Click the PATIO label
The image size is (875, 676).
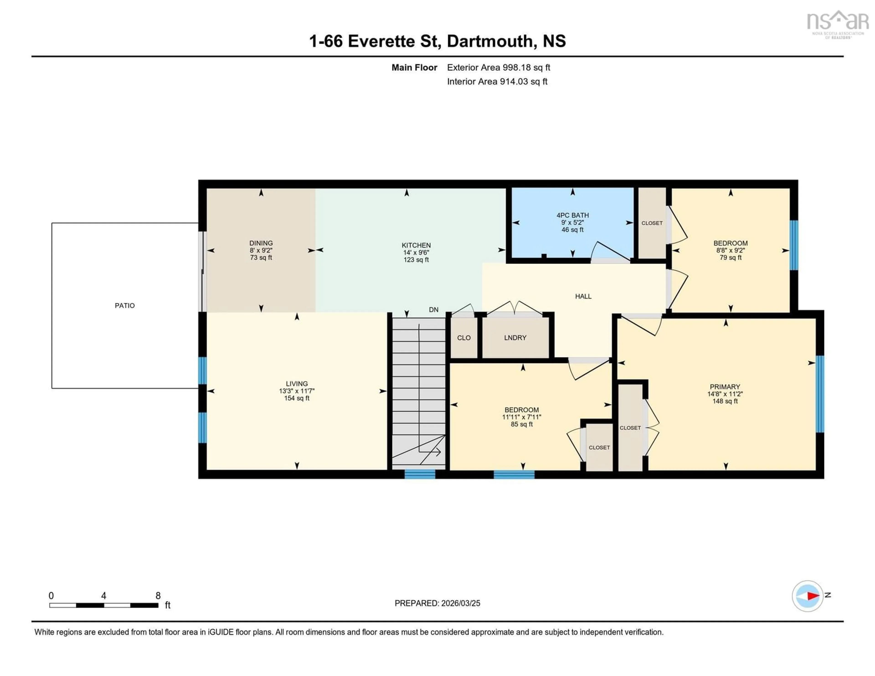[125, 305]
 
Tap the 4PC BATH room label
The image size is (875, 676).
[572, 215]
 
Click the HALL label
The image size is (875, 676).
[583, 296]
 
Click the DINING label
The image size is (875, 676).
[261, 243]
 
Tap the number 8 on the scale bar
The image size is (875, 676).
[158, 596]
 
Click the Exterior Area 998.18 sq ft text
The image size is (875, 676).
[498, 67]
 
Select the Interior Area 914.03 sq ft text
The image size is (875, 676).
[497, 81]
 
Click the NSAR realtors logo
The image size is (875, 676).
[837, 24]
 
